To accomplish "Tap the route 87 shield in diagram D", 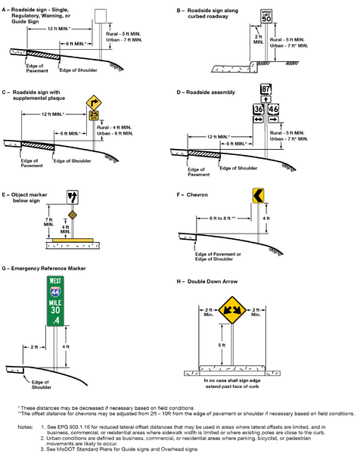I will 266,90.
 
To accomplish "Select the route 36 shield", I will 259,110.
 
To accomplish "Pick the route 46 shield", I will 274,110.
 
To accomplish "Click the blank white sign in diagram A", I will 100,16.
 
